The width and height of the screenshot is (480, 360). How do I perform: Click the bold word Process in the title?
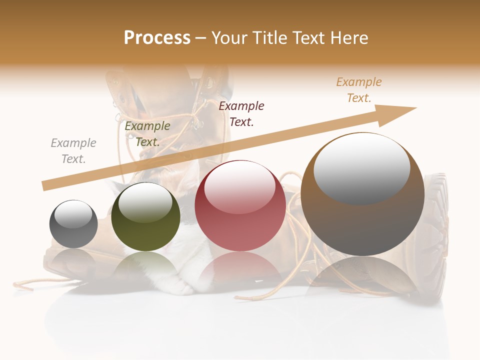click(157, 38)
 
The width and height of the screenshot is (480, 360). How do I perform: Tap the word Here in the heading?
click(348, 38)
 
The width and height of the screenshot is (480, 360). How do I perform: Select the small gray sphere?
click(73, 224)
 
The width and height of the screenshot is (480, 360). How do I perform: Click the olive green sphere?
click(145, 217)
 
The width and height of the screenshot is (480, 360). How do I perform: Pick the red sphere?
click(240, 206)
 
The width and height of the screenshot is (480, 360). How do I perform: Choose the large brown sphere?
click(362, 195)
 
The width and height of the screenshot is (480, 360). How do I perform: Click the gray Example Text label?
click(73, 151)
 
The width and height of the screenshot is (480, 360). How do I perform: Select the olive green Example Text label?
click(147, 134)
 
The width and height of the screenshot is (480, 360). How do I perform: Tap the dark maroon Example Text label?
click(241, 114)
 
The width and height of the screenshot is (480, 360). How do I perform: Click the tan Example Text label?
click(359, 90)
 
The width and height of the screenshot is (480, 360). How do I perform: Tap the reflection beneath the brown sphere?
click(362, 277)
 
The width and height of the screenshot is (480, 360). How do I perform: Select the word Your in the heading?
click(229, 38)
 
